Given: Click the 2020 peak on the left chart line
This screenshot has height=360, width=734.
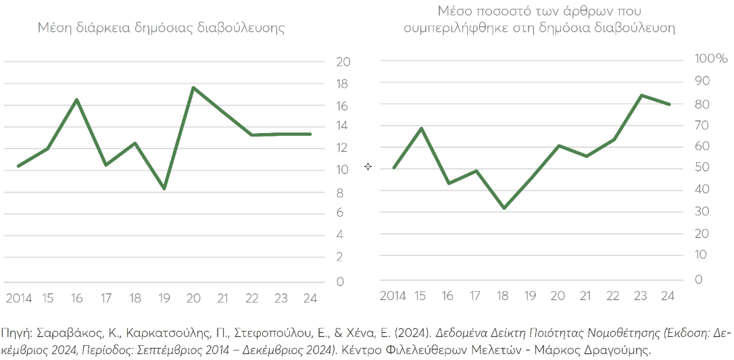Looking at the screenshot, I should pos(193,88).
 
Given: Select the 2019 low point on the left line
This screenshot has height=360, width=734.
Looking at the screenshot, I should pos(164,188).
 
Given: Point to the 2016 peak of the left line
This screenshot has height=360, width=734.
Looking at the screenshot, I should pos(77,100).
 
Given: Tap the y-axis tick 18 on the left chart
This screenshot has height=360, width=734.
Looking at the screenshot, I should pos(343,84).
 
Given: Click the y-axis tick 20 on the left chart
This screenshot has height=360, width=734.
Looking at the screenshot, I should pos(343,61).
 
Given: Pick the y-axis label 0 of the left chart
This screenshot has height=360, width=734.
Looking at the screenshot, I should pos(339,281).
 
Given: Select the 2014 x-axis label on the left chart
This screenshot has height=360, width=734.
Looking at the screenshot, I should pos(19,297).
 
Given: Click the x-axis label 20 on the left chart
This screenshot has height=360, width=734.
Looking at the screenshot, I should pos(193,297).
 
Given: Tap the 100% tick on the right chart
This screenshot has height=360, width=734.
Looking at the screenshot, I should pos(711,59).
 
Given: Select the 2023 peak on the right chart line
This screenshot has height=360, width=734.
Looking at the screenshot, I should pos(641,95).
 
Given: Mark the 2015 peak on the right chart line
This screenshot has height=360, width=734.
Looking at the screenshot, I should pos(422,128).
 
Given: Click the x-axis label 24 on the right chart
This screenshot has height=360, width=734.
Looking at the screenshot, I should pos(668,295).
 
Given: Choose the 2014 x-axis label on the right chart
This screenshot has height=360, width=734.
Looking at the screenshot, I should pos(393,295).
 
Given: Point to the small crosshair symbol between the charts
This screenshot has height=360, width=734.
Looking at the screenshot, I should pos(368,166).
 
